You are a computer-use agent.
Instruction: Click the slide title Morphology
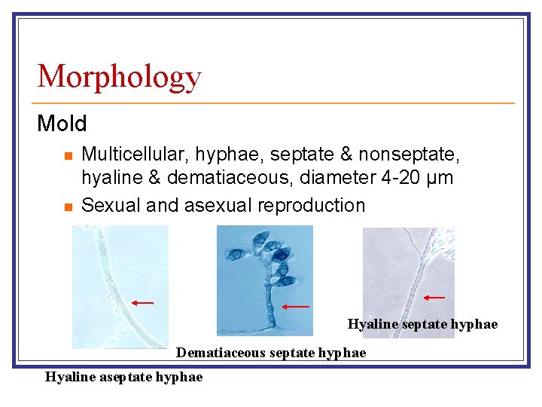click(x=119, y=76)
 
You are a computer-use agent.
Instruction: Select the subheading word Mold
click(x=62, y=123)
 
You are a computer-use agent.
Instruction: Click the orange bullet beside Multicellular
click(x=67, y=156)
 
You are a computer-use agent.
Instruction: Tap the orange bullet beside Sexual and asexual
click(x=67, y=207)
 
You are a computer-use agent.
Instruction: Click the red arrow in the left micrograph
click(x=142, y=303)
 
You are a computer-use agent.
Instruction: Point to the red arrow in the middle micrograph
click(x=296, y=306)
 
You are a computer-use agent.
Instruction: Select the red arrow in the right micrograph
click(x=434, y=298)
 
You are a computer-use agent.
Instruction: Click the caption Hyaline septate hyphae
click(x=422, y=324)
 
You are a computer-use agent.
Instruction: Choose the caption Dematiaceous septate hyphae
click(x=271, y=353)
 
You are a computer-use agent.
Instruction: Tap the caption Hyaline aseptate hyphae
click(x=124, y=377)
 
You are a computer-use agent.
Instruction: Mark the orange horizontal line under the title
click(x=276, y=103)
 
